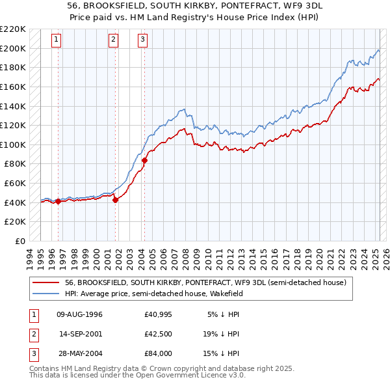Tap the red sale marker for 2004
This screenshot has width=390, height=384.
click(144, 160)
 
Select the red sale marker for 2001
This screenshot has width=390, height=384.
click(115, 200)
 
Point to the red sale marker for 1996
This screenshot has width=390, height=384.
click(58, 201)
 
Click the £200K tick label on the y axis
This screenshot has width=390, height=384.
click(13, 48)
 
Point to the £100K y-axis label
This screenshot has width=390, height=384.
click(13, 144)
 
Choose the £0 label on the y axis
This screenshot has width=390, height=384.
click(20, 241)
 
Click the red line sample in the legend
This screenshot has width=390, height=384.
click(45, 282)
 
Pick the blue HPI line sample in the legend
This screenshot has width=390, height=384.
click(45, 294)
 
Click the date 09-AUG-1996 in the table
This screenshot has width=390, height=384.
click(80, 314)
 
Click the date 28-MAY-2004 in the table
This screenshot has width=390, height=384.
click(80, 353)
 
